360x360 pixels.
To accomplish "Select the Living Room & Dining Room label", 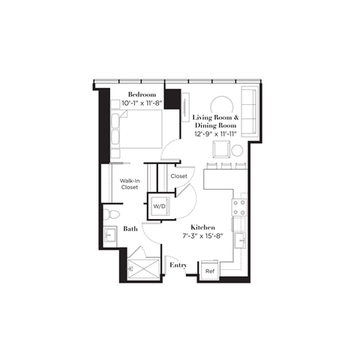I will point(215,122).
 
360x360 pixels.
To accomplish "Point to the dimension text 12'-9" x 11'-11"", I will point(215,133).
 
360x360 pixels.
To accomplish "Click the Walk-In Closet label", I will point(130,183).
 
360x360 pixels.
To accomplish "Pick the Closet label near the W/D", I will point(179,176).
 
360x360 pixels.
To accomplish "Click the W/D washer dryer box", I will point(159,205).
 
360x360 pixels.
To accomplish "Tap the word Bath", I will point(130,229).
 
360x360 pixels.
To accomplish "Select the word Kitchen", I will point(202,226).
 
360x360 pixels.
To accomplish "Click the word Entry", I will point(178,265).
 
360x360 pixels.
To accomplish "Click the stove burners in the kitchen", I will point(240,208).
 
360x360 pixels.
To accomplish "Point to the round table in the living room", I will point(221,106).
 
